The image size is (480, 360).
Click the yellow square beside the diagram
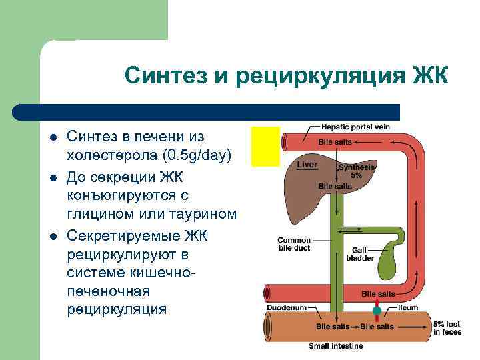pos(265,146)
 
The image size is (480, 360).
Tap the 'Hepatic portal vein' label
pos(355,127)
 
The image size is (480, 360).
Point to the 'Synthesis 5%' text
pos(356,171)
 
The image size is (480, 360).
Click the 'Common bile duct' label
pos(294,244)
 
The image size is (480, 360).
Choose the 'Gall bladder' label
pos(355,254)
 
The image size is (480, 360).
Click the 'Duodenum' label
pos(286,307)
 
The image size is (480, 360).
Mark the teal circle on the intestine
pos(377,311)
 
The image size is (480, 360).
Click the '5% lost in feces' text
pos(447,327)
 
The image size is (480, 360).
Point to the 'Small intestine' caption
pos(336,346)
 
